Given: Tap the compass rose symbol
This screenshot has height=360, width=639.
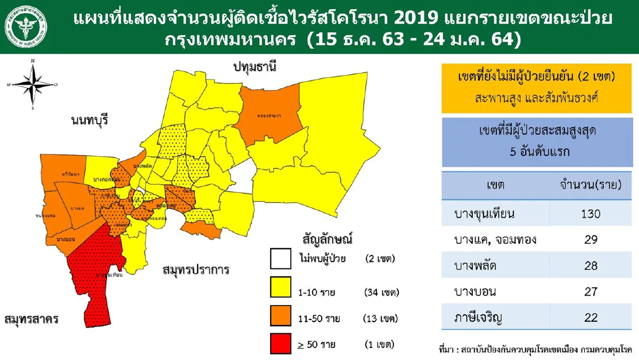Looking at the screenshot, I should click(x=33, y=85).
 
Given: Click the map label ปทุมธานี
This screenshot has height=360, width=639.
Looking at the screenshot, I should click(x=255, y=66).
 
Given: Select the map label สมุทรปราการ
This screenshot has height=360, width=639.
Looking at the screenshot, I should click(x=196, y=269).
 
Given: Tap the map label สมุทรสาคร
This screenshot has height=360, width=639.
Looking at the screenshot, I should click(x=30, y=319).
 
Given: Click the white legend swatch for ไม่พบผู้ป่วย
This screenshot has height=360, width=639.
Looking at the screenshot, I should click(x=280, y=260).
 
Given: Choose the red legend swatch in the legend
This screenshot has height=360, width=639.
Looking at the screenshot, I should click(x=280, y=344).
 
